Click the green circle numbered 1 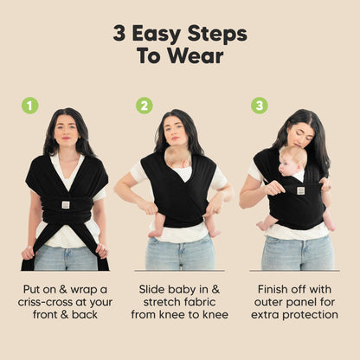(30, 106)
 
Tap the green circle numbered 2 (145, 106)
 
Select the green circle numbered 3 (259, 106)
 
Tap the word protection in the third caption (304, 314)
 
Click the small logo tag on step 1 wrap (66, 204)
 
